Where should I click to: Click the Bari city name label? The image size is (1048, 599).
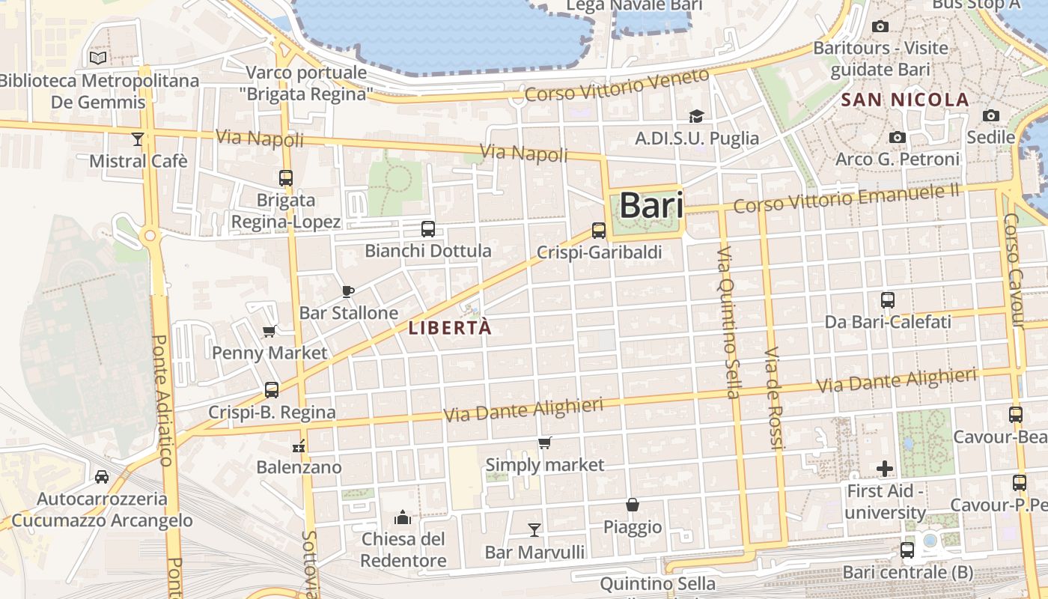click(651, 206)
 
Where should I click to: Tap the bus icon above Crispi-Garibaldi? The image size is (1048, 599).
click(598, 231)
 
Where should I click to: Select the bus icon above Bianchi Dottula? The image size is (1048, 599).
click(427, 229)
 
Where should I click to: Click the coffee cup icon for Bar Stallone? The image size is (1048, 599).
click(347, 291)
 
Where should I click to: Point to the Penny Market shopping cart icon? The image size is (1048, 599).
click(269, 331)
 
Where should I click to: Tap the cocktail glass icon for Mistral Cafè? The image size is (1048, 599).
click(137, 139)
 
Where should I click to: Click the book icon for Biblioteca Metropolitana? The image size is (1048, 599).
click(98, 58)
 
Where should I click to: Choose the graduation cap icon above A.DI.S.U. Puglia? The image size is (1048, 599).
click(696, 116)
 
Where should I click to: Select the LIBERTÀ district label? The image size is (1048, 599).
click(451, 328)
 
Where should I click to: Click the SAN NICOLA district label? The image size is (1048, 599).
click(905, 100)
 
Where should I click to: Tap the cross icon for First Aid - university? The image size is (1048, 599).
click(885, 469)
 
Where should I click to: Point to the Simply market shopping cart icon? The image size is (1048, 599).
click(544, 443)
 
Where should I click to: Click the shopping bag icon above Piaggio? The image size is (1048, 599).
click(633, 505)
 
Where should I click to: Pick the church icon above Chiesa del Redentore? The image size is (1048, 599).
click(403, 517)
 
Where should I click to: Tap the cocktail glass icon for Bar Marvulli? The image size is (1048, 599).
click(534, 530)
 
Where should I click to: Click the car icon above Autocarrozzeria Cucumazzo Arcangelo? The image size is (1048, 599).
click(102, 476)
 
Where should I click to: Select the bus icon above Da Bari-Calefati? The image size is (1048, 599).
click(888, 299)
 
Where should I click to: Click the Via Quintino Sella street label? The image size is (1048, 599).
click(728, 322)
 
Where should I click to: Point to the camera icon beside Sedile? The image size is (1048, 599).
click(991, 115)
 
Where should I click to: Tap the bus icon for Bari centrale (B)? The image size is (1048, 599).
click(907, 550)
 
